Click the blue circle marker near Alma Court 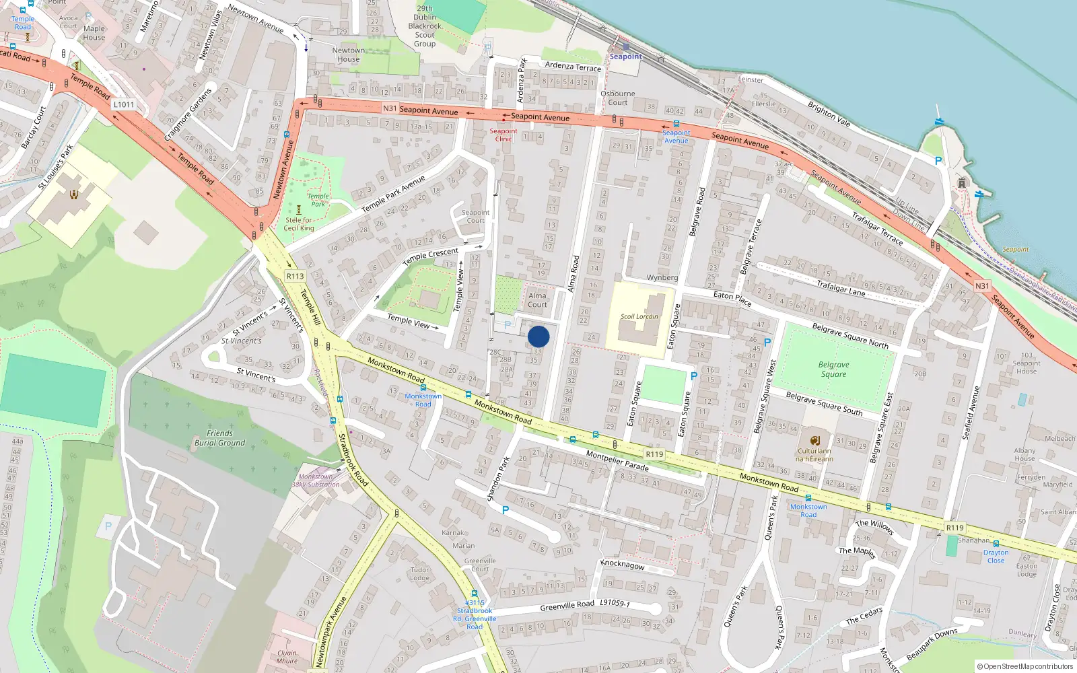(x=538, y=336)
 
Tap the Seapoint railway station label (x=625, y=57)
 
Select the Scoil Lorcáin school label (x=639, y=316)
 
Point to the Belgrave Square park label (x=833, y=369)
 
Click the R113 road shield (x=295, y=276)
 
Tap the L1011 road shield (x=124, y=104)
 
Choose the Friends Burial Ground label (x=219, y=438)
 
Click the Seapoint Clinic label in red (x=503, y=135)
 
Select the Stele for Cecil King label (x=299, y=224)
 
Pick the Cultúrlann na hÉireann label (x=814, y=455)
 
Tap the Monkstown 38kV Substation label (x=315, y=481)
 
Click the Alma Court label (x=537, y=300)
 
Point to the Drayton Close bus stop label (x=996, y=557)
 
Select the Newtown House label (x=348, y=55)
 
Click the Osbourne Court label (x=617, y=98)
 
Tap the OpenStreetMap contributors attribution (x=1025, y=666)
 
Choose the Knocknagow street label (x=622, y=565)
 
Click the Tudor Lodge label (x=419, y=573)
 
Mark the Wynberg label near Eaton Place (x=662, y=277)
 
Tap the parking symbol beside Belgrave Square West (x=767, y=343)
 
